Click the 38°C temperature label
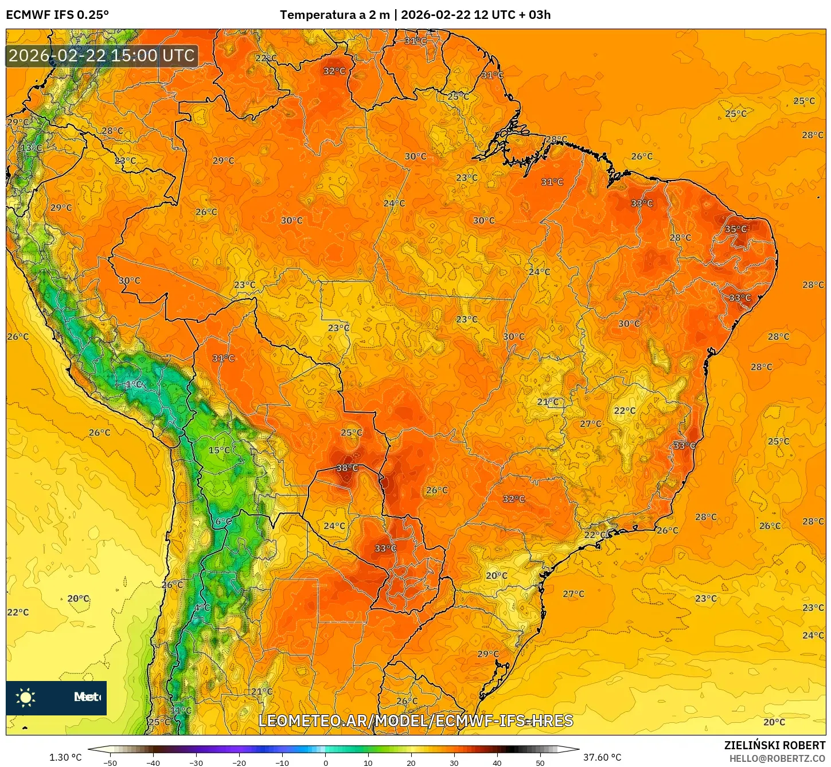click(347, 468)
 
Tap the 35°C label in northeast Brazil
click(736, 229)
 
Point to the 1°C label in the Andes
click(134, 384)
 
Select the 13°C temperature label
click(32, 148)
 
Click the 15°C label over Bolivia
click(219, 450)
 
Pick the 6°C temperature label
click(224, 522)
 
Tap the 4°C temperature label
click(202, 608)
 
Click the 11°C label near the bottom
click(181, 711)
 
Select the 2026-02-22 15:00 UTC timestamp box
click(102, 56)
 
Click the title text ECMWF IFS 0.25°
click(57, 15)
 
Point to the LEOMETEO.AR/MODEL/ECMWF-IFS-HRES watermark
click(416, 721)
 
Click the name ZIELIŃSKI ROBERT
click(775, 745)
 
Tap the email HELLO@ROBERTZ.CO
click(777, 758)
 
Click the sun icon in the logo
click(26, 697)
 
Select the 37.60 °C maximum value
click(602, 757)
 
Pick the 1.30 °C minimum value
click(65, 757)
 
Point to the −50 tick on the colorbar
click(110, 762)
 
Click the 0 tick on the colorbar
click(325, 762)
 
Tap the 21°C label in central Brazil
click(548, 402)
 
